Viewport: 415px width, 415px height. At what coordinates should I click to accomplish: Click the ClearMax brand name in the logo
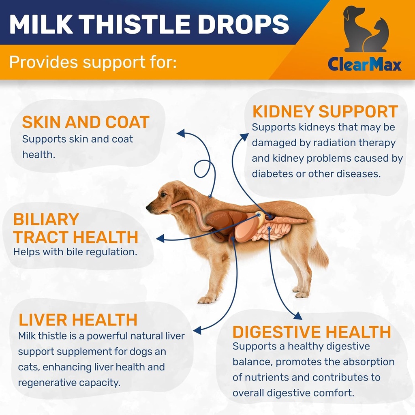click(365, 64)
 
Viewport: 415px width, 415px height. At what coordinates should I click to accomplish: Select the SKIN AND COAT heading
click(86, 122)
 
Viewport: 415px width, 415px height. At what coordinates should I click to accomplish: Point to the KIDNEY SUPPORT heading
click(325, 111)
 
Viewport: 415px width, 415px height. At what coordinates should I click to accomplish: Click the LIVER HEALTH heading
click(78, 320)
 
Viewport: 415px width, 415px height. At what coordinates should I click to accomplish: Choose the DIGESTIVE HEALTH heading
click(311, 332)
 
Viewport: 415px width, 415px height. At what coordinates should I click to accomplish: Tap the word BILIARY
click(46, 219)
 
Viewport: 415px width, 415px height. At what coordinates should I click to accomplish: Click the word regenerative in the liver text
click(49, 383)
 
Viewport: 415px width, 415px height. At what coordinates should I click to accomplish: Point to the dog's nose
click(148, 207)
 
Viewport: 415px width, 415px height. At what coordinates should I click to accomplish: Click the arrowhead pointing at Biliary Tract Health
click(160, 239)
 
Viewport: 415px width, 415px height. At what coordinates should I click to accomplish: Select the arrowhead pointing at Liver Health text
click(197, 331)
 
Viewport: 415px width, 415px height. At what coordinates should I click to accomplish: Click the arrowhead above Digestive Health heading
click(297, 315)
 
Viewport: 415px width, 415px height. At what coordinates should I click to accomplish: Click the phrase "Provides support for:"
click(92, 63)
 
